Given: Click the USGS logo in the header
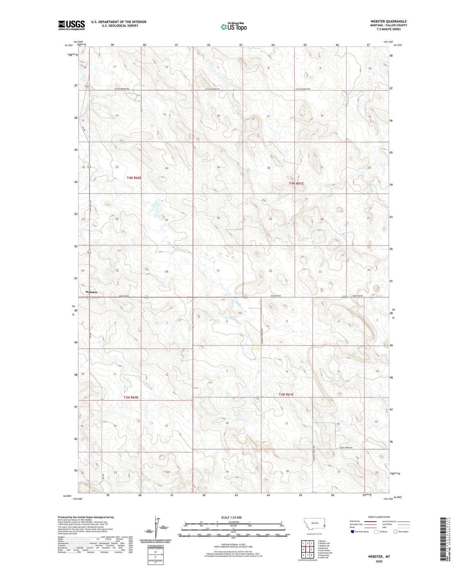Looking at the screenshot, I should click(71, 25).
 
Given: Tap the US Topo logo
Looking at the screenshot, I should click(234, 27).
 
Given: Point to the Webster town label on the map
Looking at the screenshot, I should click(91, 292).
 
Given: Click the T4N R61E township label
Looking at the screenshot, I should click(296, 183).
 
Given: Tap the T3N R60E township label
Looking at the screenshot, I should click(131, 397).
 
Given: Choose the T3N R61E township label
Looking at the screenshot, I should click(286, 395).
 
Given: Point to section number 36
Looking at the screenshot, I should click(167, 272).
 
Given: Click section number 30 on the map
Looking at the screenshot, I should click(218, 218).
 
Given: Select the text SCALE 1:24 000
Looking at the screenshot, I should click(231, 517).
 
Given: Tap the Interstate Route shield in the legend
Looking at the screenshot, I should click(353, 532).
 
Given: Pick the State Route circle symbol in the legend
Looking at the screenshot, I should click(396, 532).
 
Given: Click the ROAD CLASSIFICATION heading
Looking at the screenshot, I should click(379, 517).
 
